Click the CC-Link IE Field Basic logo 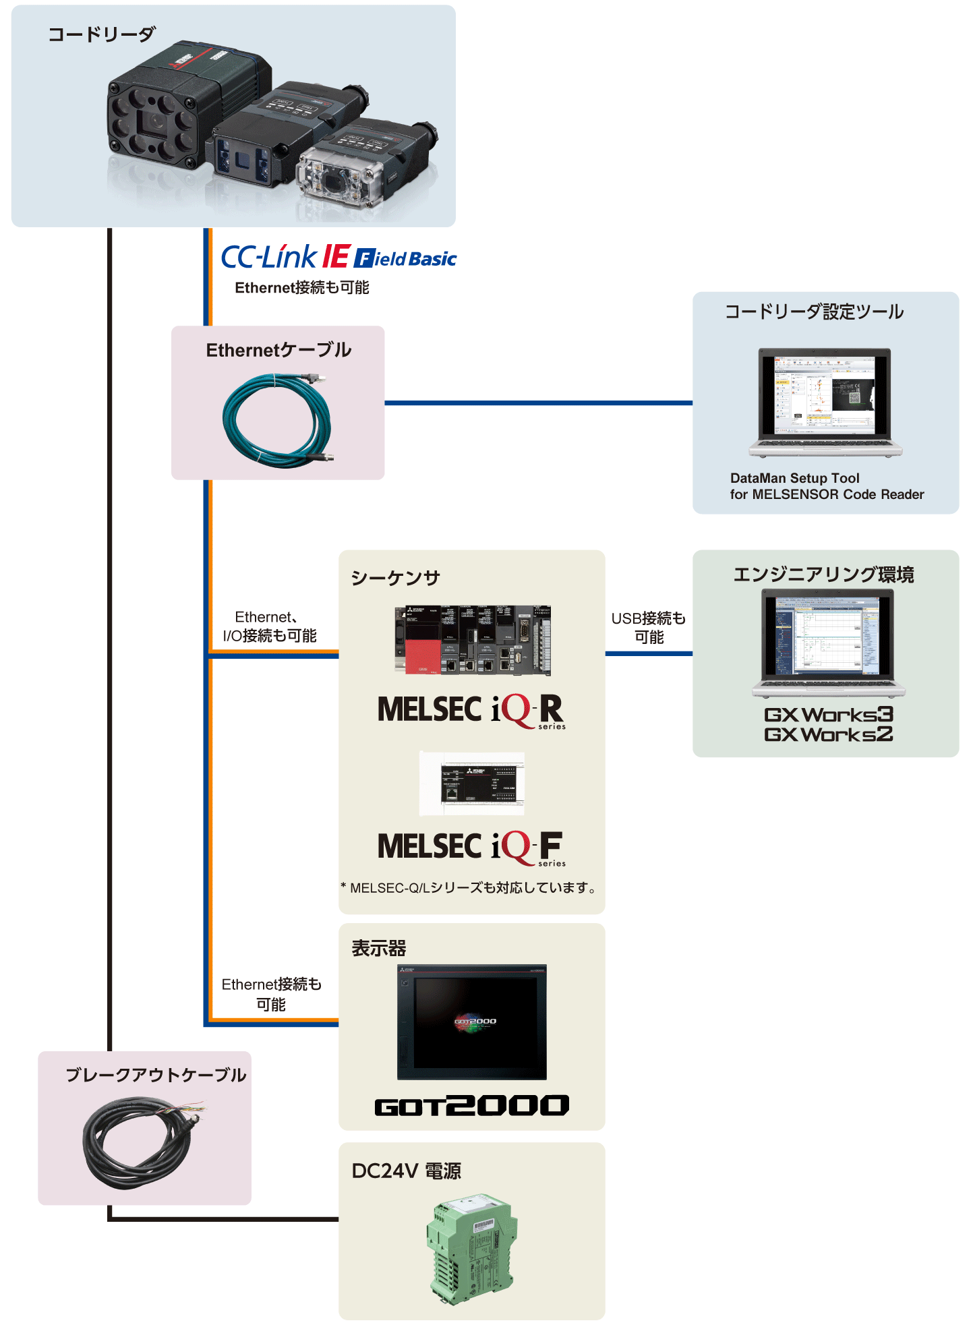click(x=339, y=257)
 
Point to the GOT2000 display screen click(x=472, y=1022)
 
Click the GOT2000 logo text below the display click(x=471, y=1105)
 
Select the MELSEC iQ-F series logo click(x=471, y=847)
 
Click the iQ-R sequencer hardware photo click(x=473, y=640)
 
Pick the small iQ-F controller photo click(x=472, y=784)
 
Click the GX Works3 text click(x=828, y=714)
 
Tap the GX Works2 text click(x=828, y=734)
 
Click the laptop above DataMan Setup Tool click(x=825, y=402)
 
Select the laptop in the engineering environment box click(x=828, y=641)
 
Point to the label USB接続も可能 click(x=648, y=627)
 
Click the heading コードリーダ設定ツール click(x=814, y=312)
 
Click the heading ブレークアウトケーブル click(x=156, y=1075)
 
